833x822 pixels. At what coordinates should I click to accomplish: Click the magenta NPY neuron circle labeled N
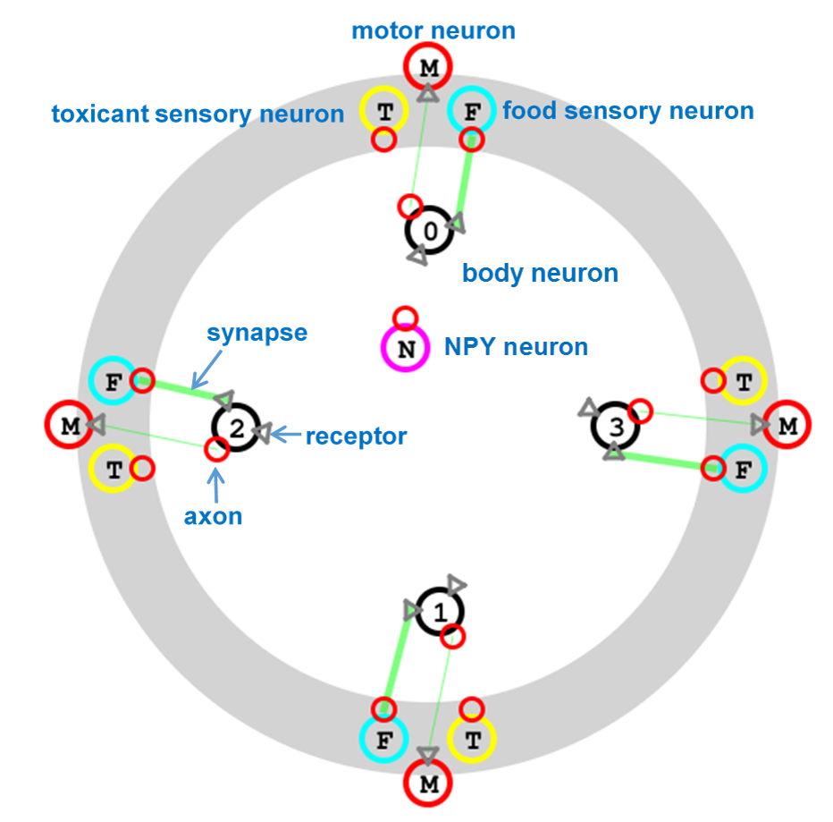pyautogui.click(x=406, y=349)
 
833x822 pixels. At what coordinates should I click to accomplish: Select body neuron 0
pyautogui.click(x=430, y=232)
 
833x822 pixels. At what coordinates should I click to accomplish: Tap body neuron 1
pyautogui.click(x=440, y=613)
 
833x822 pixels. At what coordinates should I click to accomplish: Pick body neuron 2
pyautogui.click(x=235, y=428)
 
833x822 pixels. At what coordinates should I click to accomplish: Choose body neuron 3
pyautogui.click(x=615, y=428)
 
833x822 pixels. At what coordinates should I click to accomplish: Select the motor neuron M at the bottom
pyautogui.click(x=427, y=785)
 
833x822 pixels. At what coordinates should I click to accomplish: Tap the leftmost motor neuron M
pyautogui.click(x=70, y=426)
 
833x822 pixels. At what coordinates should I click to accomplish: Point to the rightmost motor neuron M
pyautogui.click(x=787, y=426)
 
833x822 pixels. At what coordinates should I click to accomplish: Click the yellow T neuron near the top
pyautogui.click(x=384, y=112)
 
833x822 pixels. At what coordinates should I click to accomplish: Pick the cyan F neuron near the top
pyautogui.click(x=471, y=111)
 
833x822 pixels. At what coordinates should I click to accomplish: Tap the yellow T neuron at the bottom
pyautogui.click(x=471, y=740)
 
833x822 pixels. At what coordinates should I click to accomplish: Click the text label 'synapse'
pyautogui.click(x=257, y=334)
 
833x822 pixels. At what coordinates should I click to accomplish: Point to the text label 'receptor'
pyautogui.click(x=356, y=436)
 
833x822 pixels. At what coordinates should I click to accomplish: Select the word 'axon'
pyautogui.click(x=215, y=516)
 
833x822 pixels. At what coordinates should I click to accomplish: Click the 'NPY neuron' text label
pyautogui.click(x=517, y=347)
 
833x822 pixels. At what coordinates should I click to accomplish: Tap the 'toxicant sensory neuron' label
pyautogui.click(x=198, y=114)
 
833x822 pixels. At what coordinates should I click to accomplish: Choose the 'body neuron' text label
pyautogui.click(x=540, y=273)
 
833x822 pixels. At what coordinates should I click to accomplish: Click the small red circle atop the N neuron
pyautogui.click(x=406, y=318)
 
